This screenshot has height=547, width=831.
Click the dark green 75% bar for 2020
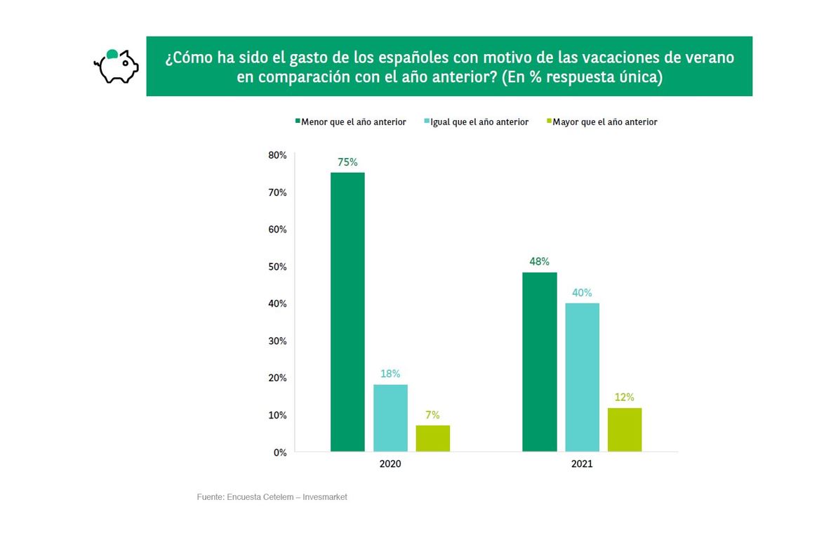click(x=347, y=312)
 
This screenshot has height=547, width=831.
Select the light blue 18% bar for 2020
click(x=390, y=418)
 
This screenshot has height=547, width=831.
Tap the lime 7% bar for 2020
click(x=432, y=438)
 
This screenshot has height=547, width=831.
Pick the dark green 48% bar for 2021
click(x=540, y=362)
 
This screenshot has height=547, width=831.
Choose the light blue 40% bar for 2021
click(x=582, y=377)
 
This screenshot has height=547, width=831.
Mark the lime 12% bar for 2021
click(x=625, y=429)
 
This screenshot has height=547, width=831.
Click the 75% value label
click(x=347, y=162)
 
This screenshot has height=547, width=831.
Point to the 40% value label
click(x=582, y=293)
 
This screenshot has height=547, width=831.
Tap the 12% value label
click(x=625, y=397)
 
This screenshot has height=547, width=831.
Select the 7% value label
click(x=432, y=415)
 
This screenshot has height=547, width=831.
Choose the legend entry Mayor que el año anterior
click(x=604, y=122)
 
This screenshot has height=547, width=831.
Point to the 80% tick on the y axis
click(x=277, y=155)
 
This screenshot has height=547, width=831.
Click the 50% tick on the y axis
click(x=277, y=267)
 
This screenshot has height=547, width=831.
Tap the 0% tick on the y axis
click(x=279, y=453)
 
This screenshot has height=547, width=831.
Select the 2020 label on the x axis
click(x=390, y=464)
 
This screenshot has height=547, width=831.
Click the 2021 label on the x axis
click(x=582, y=464)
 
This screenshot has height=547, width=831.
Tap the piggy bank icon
click(x=117, y=66)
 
